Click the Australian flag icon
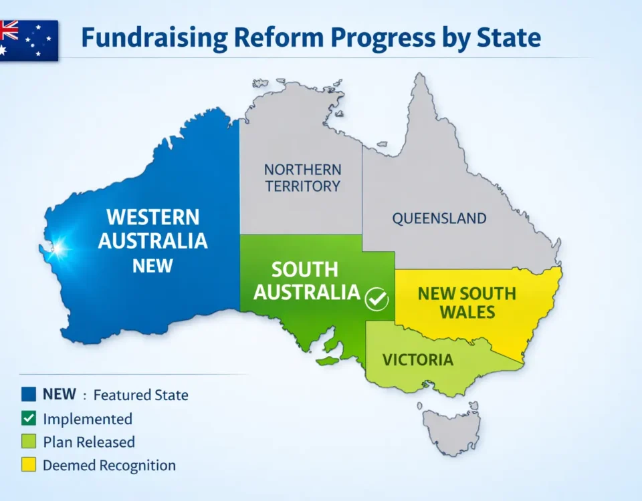[28, 39]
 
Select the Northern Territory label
[302, 178]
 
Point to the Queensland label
[439, 218]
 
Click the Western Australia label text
[153, 228]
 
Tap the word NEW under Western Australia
[152, 265]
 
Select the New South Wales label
[466, 303]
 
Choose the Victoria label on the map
[417, 360]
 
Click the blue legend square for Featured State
[28, 395]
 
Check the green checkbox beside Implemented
[28, 419]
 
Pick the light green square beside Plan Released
[28, 442]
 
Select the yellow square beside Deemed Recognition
[28, 465]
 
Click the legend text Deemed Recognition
[109, 466]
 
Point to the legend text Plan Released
[89, 442]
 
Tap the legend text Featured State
[140, 395]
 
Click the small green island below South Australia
[328, 361]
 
